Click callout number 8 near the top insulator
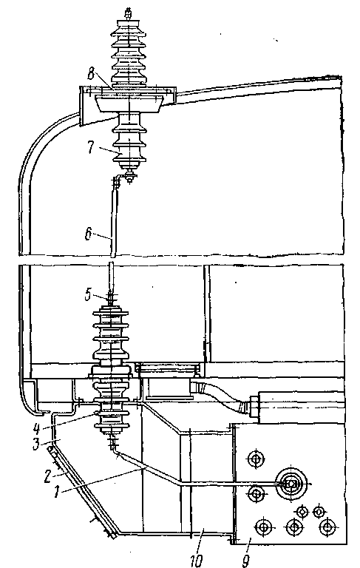coord(91,75)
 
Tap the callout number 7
coord(90,147)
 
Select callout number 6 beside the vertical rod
coord(88,234)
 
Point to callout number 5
coord(88,294)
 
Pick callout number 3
coord(36,444)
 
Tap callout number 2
coord(47,477)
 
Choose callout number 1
coord(56,492)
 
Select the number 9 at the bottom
coord(246,561)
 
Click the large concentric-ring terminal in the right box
coord(289,484)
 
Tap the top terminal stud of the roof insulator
coord(128,14)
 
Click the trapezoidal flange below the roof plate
coord(129,104)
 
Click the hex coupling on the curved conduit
coord(253,407)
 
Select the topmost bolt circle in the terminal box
coord(256,459)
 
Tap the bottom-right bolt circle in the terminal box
coord(327,527)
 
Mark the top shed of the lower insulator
coord(110,312)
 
